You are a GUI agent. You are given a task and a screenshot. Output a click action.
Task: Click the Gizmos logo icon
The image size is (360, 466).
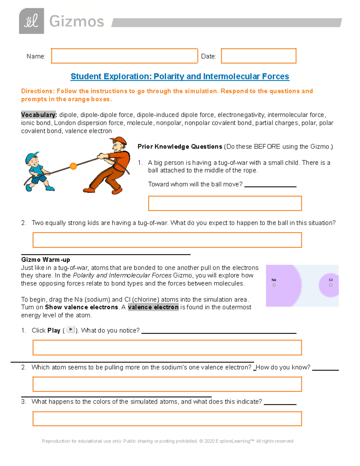[31, 21]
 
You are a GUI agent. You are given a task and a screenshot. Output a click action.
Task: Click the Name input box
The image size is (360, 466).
[124, 56]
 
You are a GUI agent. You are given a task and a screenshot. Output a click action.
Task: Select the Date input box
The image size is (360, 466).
[259, 56]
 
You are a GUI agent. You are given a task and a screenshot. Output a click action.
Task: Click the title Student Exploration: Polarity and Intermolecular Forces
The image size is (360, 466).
[180, 77]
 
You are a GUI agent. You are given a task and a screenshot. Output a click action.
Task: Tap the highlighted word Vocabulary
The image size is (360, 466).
[39, 115]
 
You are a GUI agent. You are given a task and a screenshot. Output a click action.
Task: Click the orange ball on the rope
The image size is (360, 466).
[73, 166]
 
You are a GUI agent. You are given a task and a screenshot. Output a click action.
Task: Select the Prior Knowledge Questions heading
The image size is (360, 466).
[180, 147]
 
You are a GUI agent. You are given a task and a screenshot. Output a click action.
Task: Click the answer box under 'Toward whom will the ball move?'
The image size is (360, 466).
[225, 203]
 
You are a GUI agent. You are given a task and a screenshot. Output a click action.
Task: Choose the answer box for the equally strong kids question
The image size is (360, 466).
[167, 240]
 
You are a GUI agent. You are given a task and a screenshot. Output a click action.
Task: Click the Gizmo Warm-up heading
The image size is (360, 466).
[46, 260]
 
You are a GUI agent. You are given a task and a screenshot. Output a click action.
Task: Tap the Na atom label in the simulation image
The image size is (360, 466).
[274, 280]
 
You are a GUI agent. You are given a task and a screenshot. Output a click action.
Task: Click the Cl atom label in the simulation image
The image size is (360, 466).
[331, 280]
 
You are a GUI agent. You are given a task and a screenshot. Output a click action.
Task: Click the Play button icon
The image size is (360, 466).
[70, 329]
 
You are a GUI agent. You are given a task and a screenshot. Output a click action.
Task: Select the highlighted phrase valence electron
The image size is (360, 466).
[153, 307]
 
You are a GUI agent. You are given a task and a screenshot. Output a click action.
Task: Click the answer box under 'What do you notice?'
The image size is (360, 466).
[167, 347]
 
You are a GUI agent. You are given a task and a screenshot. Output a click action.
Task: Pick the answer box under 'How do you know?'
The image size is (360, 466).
[167, 384]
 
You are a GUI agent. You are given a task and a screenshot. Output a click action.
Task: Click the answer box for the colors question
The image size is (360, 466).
[167, 419]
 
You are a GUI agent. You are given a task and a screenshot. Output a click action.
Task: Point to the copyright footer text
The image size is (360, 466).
[167, 441]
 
